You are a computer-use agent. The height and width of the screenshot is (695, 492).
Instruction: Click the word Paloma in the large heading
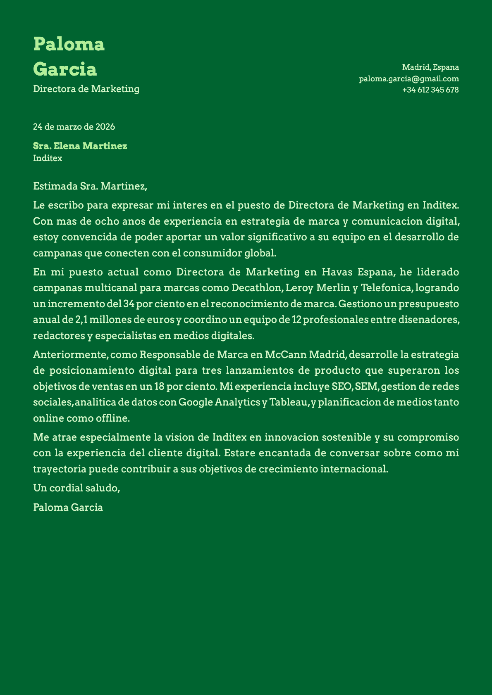pyautogui.click(x=69, y=44)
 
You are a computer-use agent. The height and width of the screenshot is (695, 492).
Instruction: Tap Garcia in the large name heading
pyautogui.click(x=65, y=69)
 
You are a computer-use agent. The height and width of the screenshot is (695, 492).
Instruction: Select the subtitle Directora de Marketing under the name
pyautogui.click(x=86, y=89)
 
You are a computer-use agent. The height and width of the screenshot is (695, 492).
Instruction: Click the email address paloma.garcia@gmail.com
pyautogui.click(x=409, y=78)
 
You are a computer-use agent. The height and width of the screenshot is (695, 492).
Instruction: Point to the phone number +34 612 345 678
pyautogui.click(x=430, y=90)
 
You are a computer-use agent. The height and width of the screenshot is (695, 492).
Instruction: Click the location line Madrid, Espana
pyautogui.click(x=430, y=67)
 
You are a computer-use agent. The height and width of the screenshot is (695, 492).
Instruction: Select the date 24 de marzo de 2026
pyautogui.click(x=74, y=127)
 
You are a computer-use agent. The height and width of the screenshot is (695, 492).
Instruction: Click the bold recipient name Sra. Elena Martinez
pyautogui.click(x=80, y=146)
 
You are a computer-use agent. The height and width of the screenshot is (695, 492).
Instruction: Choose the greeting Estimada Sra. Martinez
pyautogui.click(x=90, y=186)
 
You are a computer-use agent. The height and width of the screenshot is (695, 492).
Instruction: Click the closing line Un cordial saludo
pyautogui.click(x=76, y=488)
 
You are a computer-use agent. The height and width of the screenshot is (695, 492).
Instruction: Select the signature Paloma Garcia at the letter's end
pyautogui.click(x=68, y=507)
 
